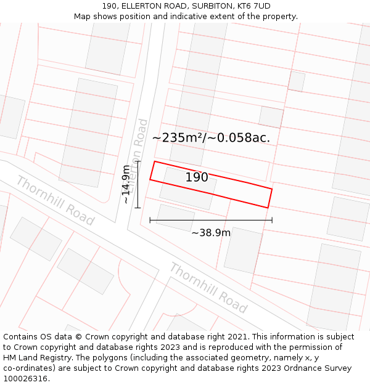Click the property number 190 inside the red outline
(x=197, y=177)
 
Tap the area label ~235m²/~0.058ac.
(x=211, y=137)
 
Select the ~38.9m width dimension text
(x=211, y=233)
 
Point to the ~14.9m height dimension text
(x=126, y=184)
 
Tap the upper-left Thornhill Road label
(x=55, y=200)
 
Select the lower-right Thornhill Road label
(x=208, y=288)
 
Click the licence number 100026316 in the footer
(x=26, y=378)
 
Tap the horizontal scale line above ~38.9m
(x=211, y=220)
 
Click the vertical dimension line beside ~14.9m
(x=138, y=184)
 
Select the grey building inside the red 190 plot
(x=187, y=184)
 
